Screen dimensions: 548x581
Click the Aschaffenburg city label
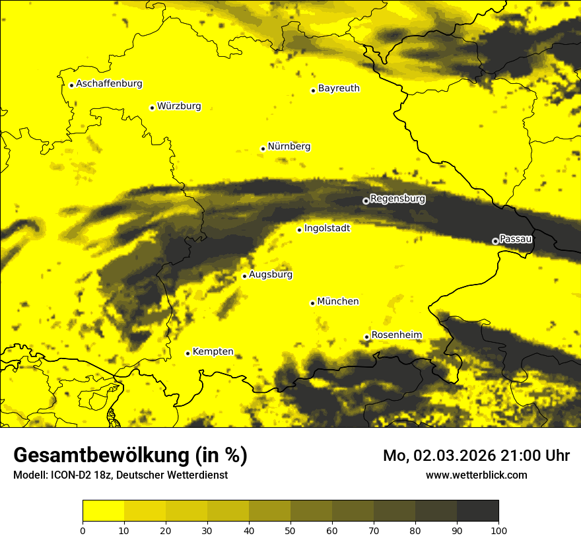point(109,84)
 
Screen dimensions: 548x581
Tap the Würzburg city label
point(179,106)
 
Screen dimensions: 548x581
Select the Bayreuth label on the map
point(339,88)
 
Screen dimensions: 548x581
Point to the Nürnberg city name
point(289,147)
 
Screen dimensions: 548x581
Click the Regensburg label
point(397,199)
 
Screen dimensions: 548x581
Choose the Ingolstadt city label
point(327,228)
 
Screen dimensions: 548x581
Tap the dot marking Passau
point(495,241)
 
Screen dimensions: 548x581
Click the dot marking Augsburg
point(244,276)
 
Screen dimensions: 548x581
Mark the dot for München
point(312,303)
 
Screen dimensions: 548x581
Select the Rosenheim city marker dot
point(366,337)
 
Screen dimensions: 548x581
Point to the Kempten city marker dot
point(188,353)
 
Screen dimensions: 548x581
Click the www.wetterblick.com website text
point(477,475)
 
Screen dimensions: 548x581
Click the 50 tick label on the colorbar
point(290,530)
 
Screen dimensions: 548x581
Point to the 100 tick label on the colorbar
point(498,530)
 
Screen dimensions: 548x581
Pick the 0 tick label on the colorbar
point(83,530)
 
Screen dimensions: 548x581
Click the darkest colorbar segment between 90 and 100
point(477,511)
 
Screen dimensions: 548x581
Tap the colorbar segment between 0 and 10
point(103,511)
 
